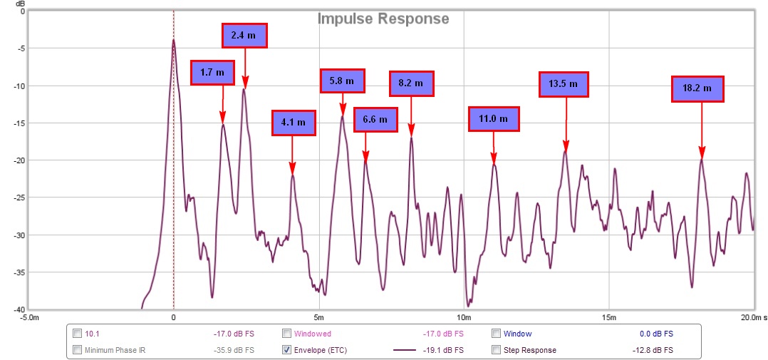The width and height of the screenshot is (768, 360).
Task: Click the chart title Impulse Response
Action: coord(383,19)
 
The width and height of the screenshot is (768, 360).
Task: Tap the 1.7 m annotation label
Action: coord(212,73)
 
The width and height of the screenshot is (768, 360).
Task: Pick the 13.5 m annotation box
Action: coord(564,84)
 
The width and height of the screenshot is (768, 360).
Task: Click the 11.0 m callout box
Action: coord(493,119)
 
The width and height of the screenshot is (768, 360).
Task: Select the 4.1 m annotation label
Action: coord(294,123)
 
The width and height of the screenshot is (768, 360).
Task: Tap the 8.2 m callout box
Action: coord(410,83)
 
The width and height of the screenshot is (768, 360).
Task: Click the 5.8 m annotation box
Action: coord(342,81)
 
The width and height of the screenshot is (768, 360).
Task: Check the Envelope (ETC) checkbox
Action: coord(286,350)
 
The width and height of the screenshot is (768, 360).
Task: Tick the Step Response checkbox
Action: coord(497,350)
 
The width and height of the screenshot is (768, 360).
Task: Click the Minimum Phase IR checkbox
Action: coord(77,350)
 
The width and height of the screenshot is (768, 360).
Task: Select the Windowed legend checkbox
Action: coord(286,333)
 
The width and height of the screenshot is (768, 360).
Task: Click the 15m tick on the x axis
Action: coord(608,317)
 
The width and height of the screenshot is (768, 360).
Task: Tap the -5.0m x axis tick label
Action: coord(29,317)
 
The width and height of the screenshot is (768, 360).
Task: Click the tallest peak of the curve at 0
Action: coord(173,41)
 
